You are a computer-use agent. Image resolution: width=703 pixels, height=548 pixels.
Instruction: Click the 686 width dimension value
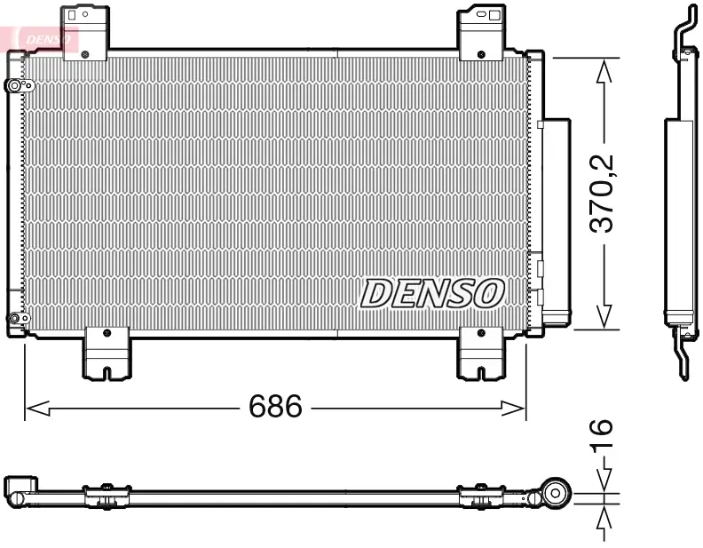point(275,408)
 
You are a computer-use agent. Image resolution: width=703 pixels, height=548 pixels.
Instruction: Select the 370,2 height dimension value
point(604,193)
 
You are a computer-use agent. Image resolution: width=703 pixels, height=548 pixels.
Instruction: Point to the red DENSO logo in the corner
point(41,38)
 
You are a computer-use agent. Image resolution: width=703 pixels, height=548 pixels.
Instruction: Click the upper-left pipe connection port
point(15,86)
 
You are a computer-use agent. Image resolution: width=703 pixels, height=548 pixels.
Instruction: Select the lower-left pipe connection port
point(14,319)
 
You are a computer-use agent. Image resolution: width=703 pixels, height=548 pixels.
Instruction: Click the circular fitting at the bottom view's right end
point(557,493)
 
